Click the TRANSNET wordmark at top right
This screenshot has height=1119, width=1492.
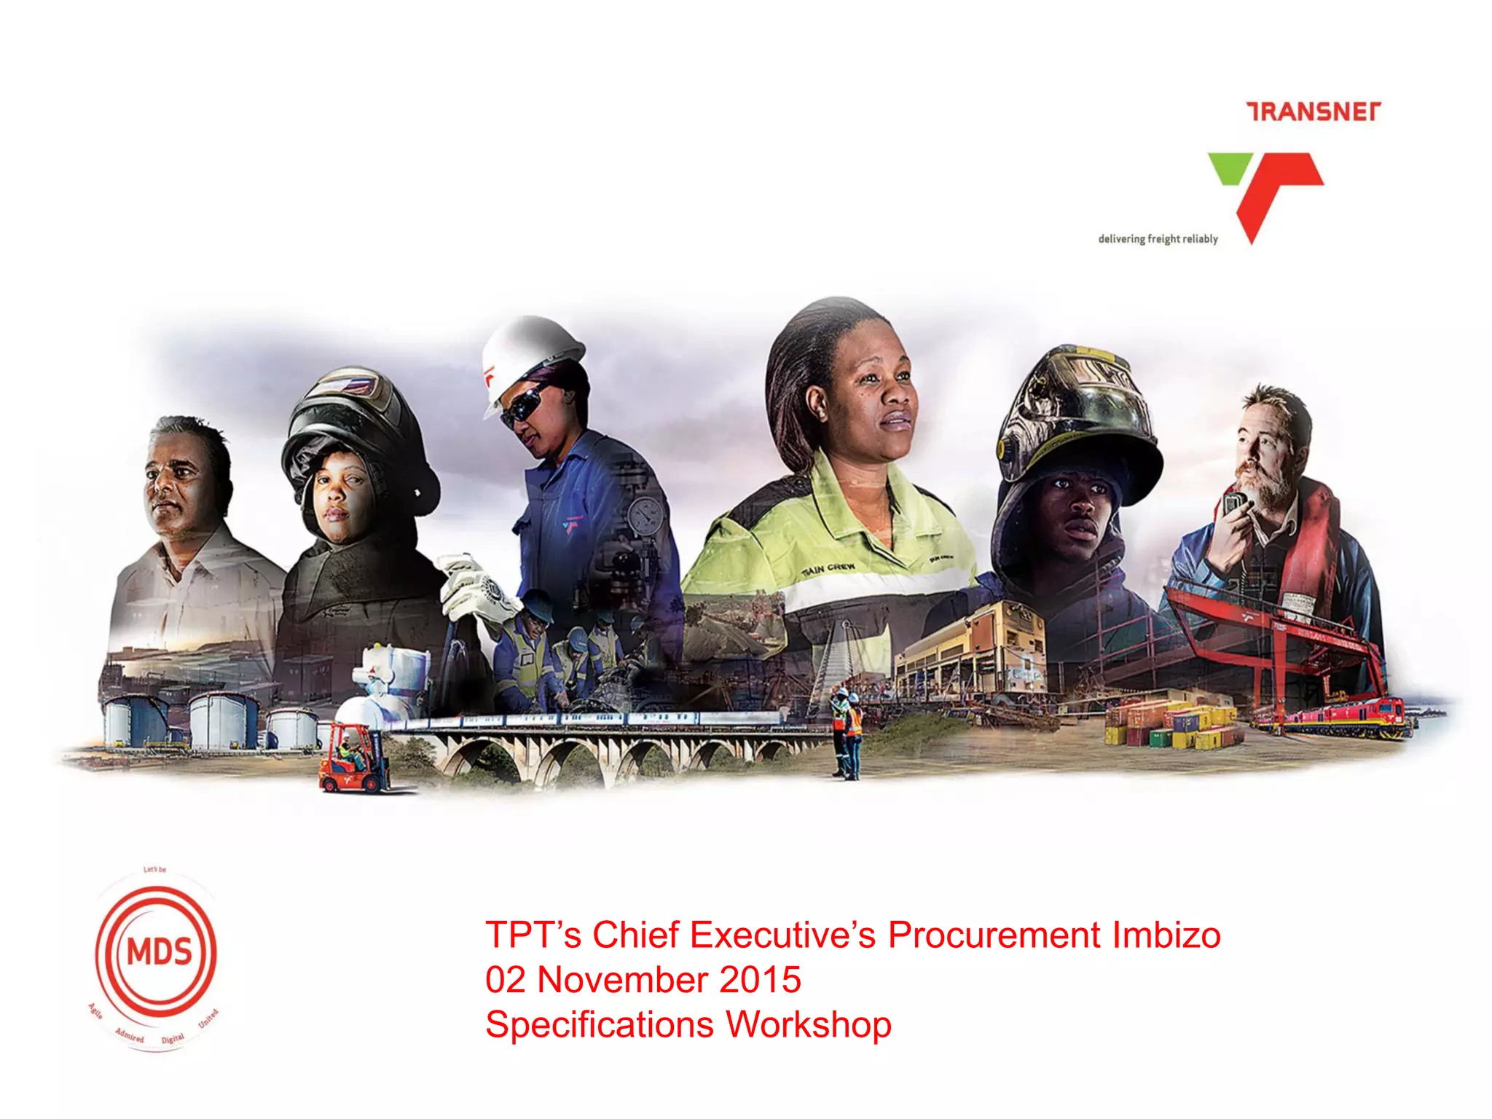[1314, 111]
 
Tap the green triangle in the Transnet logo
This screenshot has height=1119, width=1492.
[1230, 167]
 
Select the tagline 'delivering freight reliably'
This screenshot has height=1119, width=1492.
[1158, 239]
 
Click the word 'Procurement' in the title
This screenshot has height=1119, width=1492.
[994, 935]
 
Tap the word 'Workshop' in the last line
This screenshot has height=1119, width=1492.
[809, 1025]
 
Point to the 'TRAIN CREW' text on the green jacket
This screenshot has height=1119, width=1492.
[828, 570]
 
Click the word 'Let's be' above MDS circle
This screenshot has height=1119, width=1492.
[154, 869]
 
